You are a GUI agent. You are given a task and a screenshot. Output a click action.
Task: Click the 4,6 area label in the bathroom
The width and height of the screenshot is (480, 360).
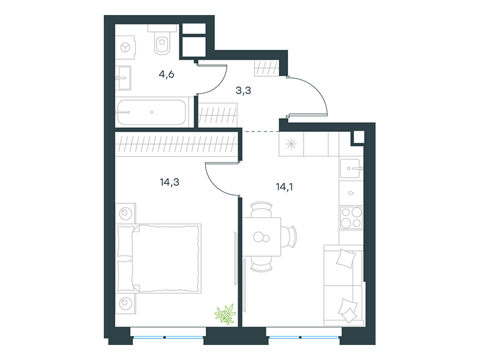pos(167,74)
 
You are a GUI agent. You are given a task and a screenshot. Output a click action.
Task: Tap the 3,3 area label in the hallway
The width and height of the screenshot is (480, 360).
pos(244,91)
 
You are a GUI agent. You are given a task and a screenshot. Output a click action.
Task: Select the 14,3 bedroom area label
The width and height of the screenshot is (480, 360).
pos(170,182)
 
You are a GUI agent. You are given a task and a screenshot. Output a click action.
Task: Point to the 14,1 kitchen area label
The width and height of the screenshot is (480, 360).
pos(284,187)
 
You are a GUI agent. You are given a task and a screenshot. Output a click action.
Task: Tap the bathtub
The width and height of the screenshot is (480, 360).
pos(152,112)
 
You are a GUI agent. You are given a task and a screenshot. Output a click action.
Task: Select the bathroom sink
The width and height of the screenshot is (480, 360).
pos(124,78)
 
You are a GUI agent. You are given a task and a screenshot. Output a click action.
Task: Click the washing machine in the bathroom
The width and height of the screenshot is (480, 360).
pos(125,47)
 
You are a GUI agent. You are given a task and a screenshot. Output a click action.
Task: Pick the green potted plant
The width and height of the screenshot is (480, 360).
pos(226,314)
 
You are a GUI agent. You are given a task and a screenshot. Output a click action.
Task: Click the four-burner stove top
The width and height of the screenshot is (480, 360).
pos(351,218)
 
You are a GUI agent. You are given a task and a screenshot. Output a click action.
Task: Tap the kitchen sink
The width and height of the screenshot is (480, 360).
pos(351,168)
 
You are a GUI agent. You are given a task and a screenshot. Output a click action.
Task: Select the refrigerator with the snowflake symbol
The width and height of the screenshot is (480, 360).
pos(291,144)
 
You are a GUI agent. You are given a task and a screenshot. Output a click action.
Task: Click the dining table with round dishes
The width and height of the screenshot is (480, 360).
pos(262,236)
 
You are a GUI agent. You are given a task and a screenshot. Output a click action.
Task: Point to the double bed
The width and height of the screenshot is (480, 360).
pos(159,259)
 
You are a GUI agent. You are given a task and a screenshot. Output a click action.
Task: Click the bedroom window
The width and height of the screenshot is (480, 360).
pos(168,337)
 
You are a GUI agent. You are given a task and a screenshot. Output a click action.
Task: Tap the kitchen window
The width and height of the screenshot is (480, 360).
pos(304,337)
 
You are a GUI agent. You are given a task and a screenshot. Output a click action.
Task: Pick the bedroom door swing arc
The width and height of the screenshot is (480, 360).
pos(214,185)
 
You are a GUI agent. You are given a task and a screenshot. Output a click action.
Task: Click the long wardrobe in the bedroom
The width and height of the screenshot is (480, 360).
pos(176,144)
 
